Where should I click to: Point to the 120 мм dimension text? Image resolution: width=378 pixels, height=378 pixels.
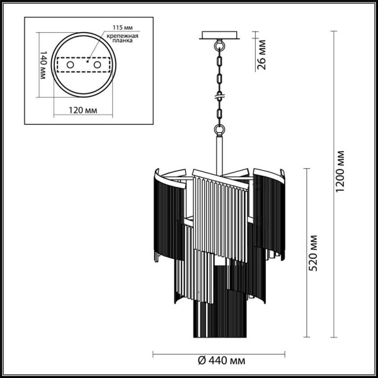click(x=83, y=110)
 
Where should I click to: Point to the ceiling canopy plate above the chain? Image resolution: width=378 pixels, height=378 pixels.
click(x=220, y=35)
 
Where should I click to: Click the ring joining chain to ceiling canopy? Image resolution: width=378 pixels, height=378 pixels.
click(x=220, y=45)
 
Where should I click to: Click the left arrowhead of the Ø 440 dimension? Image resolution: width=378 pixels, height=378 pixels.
click(x=155, y=351)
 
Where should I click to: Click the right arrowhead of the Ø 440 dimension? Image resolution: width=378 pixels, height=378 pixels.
click(x=285, y=351)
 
